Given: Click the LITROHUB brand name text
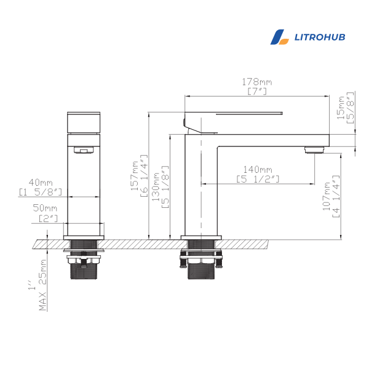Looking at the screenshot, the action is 320,37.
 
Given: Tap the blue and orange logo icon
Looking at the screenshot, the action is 280,37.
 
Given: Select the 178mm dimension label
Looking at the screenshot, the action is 257,82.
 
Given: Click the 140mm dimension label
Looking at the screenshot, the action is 258,170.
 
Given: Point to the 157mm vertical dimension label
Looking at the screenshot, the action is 135,175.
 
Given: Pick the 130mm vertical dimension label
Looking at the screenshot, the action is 156,186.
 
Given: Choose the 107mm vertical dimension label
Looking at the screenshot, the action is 326,196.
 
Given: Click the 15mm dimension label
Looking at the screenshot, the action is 341,108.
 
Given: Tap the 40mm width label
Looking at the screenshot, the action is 41,183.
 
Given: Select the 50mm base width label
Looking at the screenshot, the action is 45,208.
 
